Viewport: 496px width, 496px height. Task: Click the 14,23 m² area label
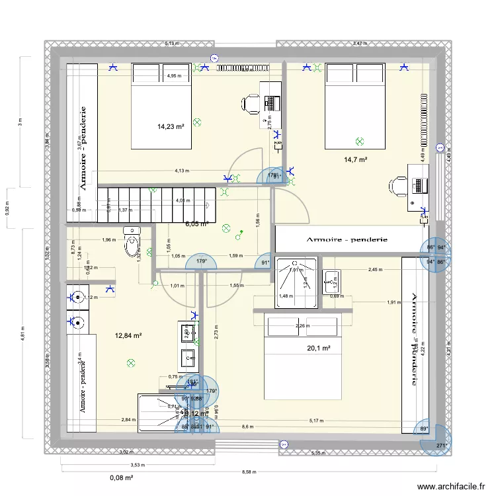point(170,126)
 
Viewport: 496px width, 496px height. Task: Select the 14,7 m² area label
point(355,159)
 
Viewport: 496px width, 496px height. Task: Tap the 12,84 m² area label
point(128,336)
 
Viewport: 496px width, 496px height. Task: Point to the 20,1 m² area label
point(318,349)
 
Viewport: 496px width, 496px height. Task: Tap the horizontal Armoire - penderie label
point(347,239)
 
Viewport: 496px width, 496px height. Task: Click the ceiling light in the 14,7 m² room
point(359,141)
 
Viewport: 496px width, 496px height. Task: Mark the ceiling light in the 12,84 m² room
point(131,362)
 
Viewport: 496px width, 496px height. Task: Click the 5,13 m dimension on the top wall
point(171,44)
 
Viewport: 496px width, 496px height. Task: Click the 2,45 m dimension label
point(375,270)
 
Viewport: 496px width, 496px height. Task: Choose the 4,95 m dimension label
point(173,76)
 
